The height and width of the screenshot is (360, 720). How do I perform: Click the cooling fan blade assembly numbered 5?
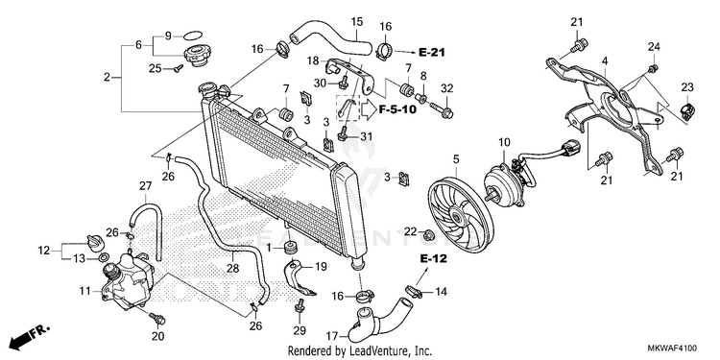pos(460,215)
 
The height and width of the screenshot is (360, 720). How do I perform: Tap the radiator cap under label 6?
pos(200,56)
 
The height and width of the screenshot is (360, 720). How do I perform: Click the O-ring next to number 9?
pos(192,36)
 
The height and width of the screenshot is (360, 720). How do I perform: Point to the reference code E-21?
pos(432,53)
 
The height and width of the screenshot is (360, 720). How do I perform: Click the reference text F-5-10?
pos(397,109)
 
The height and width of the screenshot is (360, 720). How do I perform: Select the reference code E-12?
pos(434,259)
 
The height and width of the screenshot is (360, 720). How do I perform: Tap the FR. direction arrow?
pos(31,337)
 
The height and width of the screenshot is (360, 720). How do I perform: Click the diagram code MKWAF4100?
pos(672,348)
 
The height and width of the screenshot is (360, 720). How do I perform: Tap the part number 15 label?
pos(357,21)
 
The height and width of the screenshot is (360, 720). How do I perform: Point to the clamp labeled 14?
pos(414,291)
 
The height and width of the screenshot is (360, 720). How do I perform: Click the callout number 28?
pos(233,268)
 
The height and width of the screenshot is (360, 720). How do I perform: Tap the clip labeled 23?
pos(686,111)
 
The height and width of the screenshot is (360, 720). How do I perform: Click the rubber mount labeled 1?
pos(290,249)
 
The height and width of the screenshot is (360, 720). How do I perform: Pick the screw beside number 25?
pos(179,68)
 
